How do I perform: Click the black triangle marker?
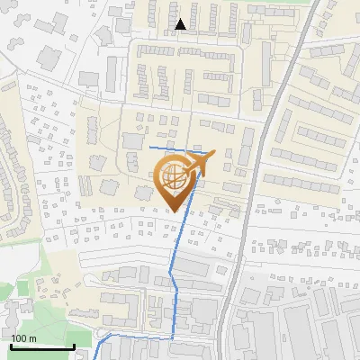[x=182, y=24]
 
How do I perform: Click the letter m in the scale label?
[x=32, y=338]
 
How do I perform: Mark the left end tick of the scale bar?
[x=12, y=346]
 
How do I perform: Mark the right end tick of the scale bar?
[x=74, y=346]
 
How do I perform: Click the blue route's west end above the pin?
[x=150, y=147]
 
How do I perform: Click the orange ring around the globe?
[x=158, y=171]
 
